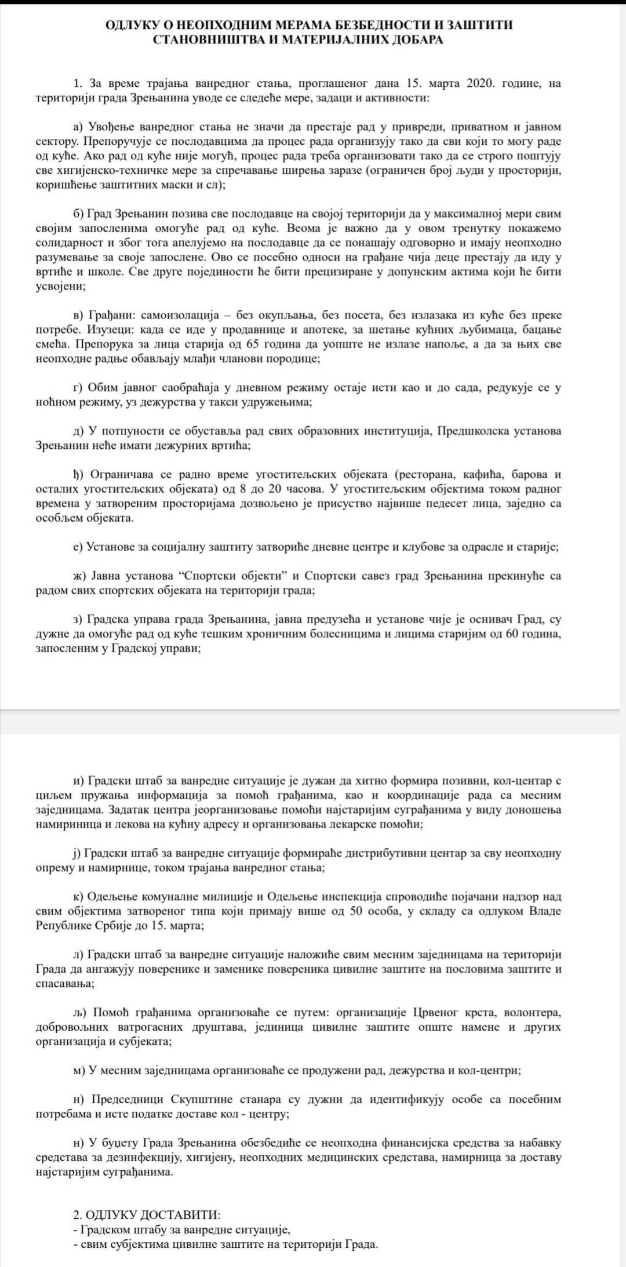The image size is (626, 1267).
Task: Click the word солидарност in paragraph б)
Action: pyautogui.click(x=67, y=243)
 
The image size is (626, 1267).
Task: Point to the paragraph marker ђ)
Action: pyautogui.click(x=79, y=475)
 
